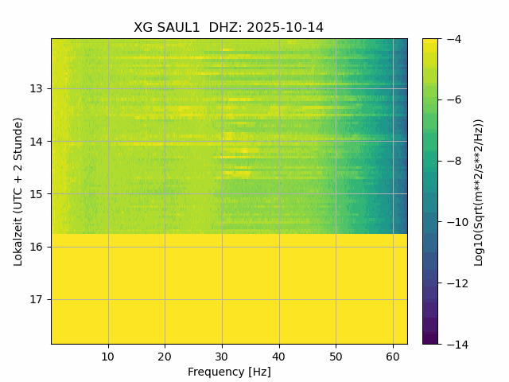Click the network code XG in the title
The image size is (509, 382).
[143, 28]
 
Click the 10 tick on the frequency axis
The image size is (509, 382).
[108, 356]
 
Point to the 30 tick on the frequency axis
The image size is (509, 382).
[222, 356]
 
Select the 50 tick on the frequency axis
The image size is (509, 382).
[336, 356]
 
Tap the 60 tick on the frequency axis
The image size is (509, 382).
[393, 356]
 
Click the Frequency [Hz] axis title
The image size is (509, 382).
[229, 372]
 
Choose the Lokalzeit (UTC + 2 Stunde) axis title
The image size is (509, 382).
[18, 191]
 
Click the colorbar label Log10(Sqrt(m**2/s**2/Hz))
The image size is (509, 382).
[479, 191]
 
